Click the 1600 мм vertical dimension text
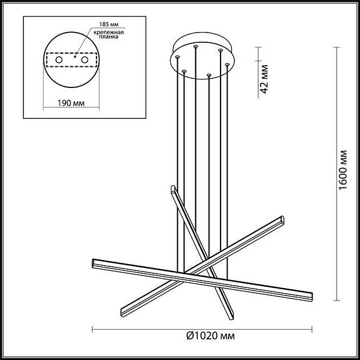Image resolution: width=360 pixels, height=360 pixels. tap(343, 171)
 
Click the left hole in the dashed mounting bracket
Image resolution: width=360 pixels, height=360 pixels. tap(58, 59)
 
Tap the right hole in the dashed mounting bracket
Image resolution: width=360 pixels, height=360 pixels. tap(85, 59)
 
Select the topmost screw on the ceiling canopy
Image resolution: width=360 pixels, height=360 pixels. tap(195, 46)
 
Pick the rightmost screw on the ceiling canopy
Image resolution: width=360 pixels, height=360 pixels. tap(227, 65)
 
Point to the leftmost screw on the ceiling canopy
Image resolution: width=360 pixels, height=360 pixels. tap(177, 58)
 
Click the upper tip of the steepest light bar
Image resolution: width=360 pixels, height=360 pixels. tap(173, 189)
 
